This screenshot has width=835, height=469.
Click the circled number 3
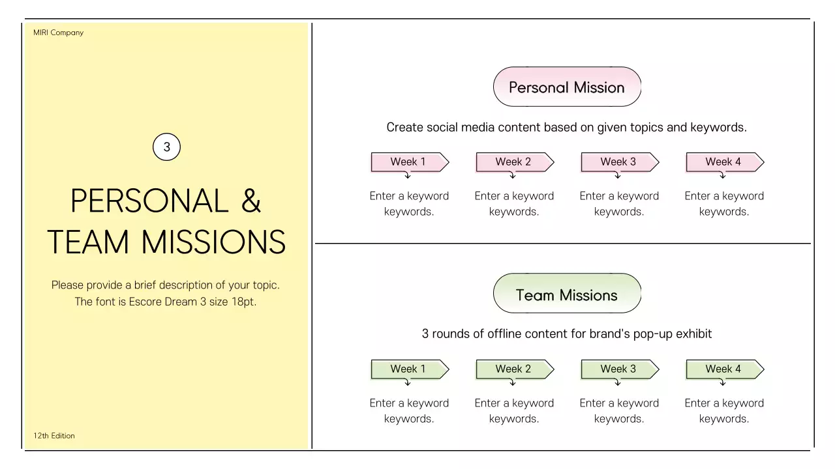click(x=166, y=147)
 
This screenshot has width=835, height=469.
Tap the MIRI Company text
click(x=58, y=33)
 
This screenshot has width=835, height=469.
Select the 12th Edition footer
click(x=54, y=436)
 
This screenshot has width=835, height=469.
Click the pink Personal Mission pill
click(x=567, y=87)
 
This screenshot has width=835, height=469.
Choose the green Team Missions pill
click(x=567, y=294)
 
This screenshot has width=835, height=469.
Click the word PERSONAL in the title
click(x=149, y=201)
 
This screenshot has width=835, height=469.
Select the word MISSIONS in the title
click(x=213, y=242)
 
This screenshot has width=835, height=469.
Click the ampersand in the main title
click(x=251, y=201)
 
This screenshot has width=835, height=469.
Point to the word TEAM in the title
click(x=88, y=242)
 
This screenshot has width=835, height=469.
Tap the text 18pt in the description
click(x=243, y=302)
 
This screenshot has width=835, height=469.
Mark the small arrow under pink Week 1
click(x=408, y=175)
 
